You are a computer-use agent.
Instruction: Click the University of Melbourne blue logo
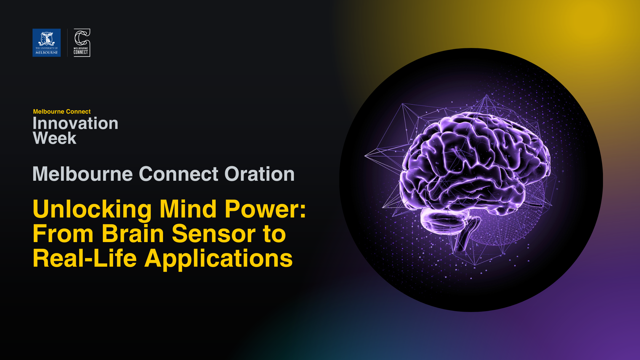[x=47, y=43]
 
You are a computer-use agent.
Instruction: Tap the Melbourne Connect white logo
[x=81, y=43]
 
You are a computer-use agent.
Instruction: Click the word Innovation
[x=75, y=123]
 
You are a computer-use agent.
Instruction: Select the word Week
[x=55, y=138]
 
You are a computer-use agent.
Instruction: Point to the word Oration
[x=260, y=174]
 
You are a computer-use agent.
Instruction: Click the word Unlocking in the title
[x=92, y=209]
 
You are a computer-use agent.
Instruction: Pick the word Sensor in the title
[x=214, y=234]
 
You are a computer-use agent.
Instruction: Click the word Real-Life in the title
[x=84, y=258]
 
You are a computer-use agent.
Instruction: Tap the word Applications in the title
[x=218, y=258]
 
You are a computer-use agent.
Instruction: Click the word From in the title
[x=63, y=234]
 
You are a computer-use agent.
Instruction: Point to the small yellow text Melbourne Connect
[x=62, y=112]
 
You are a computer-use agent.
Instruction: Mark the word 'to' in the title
[x=274, y=234]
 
